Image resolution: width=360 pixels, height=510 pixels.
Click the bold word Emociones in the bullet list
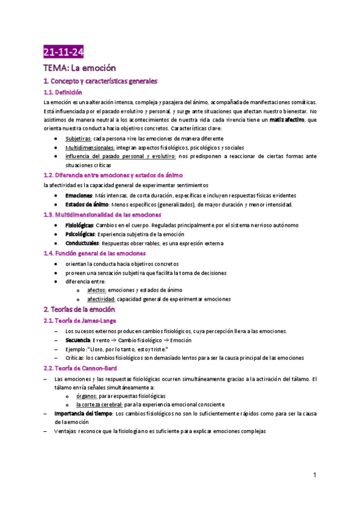click(79, 195)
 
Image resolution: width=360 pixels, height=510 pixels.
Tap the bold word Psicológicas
click(80, 234)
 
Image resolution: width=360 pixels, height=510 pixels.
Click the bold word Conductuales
click(82, 243)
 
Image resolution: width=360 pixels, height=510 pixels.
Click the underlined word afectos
click(97, 290)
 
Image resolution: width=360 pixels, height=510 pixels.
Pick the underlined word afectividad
click(101, 299)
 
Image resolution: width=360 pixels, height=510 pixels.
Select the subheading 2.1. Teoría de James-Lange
click(81, 321)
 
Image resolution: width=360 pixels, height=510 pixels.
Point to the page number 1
click(314, 475)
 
